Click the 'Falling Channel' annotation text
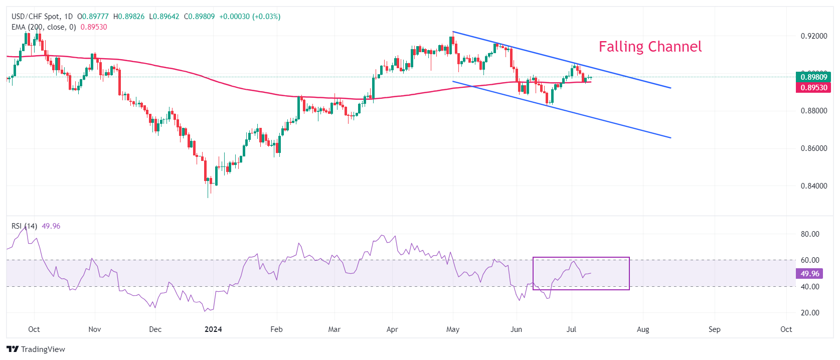pyautogui.click(x=650, y=47)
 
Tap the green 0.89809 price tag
pyautogui.click(x=813, y=77)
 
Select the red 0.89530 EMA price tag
pyautogui.click(x=813, y=87)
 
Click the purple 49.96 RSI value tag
pyautogui.click(x=809, y=273)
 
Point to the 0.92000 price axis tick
pyautogui.click(x=813, y=36)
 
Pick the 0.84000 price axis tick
pyautogui.click(x=813, y=186)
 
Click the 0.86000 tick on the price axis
pyautogui.click(x=813, y=148)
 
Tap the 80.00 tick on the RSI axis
pyautogui.click(x=810, y=234)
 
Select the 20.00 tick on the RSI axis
pyautogui.click(x=810, y=313)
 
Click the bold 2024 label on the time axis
pyautogui.click(x=213, y=329)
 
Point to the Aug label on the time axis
pyautogui.click(x=643, y=329)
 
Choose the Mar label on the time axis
pyautogui.click(x=334, y=329)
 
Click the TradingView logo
pyautogui.click(x=36, y=349)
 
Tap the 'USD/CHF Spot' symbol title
pyautogui.click(x=35, y=17)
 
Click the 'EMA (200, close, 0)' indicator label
pyautogui.click(x=44, y=27)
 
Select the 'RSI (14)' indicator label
pyautogui.click(x=24, y=226)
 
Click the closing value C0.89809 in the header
pyautogui.click(x=199, y=17)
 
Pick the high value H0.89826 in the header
pyautogui.click(x=129, y=17)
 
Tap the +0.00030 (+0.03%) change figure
pyautogui.click(x=250, y=17)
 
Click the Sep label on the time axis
pyautogui.click(x=714, y=329)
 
